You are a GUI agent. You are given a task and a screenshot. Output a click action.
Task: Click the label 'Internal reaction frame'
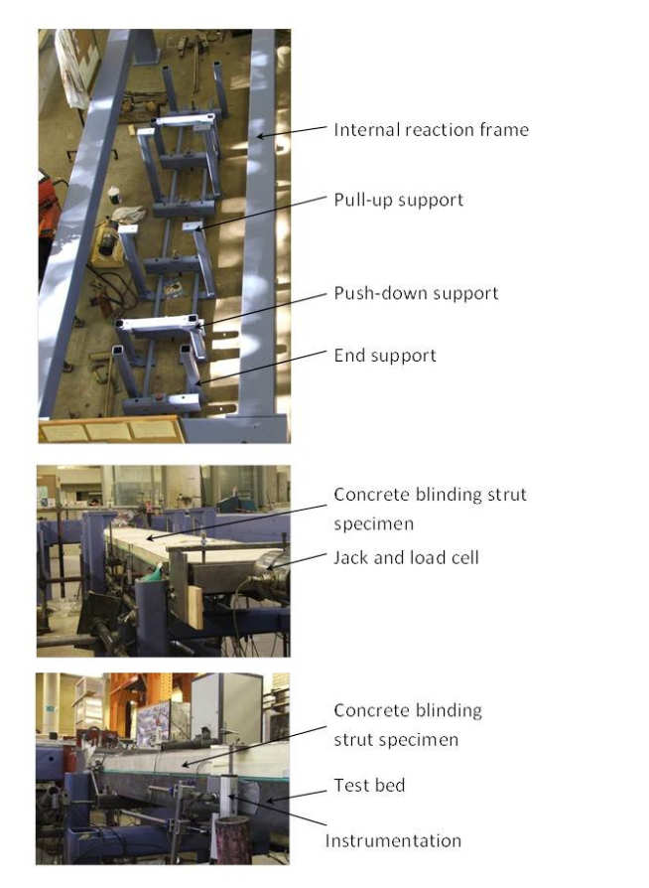[431, 130]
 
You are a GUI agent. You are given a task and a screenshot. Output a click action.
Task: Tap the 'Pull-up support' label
[398, 200]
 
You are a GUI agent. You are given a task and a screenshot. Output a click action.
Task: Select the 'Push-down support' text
[416, 293]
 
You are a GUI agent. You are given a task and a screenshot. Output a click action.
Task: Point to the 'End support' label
[385, 355]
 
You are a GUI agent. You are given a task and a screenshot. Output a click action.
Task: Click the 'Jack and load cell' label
[406, 557]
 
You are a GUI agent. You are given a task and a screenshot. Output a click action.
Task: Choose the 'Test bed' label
[369, 785]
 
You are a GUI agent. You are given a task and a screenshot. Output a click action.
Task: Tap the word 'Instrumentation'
[393, 840]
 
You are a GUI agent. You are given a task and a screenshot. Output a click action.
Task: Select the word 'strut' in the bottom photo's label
[354, 739]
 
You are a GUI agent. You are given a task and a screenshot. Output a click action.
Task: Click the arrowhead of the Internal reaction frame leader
[257, 135]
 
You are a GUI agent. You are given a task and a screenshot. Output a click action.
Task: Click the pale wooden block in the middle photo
[195, 607]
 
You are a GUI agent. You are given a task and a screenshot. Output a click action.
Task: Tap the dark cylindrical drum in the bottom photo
[231, 838]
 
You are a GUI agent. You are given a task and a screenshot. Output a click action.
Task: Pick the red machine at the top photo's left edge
[46, 203]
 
